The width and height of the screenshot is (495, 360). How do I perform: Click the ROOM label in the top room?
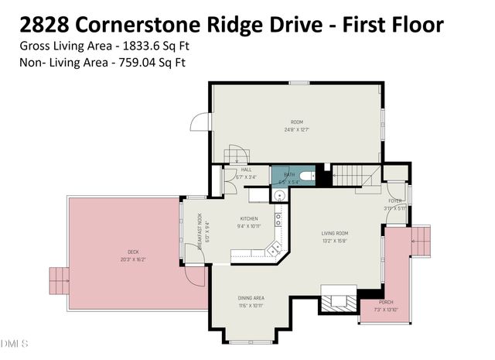tap(296, 122)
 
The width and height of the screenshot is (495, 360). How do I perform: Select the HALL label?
tap(246, 170)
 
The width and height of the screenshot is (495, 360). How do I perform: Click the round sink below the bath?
tap(277, 195)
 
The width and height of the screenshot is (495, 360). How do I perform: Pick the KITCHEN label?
tap(248, 219)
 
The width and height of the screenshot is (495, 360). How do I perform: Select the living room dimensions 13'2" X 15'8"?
tap(336, 240)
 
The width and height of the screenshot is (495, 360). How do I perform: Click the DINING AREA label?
tap(251, 297)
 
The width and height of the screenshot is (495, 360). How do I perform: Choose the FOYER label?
tap(395, 201)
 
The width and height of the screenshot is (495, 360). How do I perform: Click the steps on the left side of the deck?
tap(59, 277)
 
